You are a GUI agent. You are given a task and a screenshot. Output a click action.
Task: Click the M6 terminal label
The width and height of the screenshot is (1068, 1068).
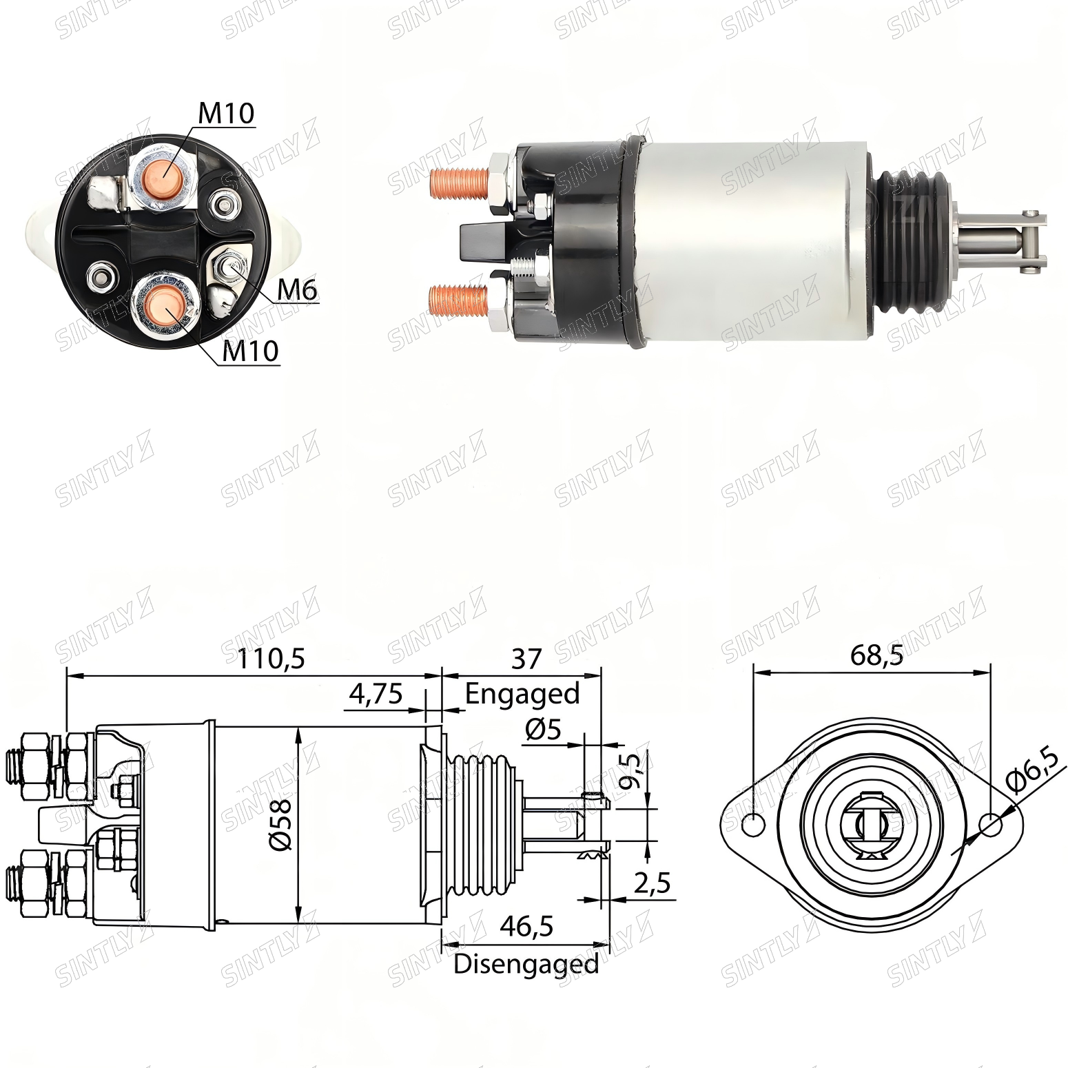(297, 290)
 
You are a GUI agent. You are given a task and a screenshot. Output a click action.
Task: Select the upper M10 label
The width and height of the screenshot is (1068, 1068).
(226, 114)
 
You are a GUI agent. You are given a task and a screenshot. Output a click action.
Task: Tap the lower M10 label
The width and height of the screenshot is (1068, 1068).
(251, 351)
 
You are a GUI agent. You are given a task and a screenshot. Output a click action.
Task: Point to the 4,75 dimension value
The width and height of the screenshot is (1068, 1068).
(376, 694)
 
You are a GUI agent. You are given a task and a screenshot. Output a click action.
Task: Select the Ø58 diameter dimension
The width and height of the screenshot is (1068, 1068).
(282, 825)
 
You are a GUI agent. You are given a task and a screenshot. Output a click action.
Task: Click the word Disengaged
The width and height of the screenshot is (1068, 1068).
(526, 963)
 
